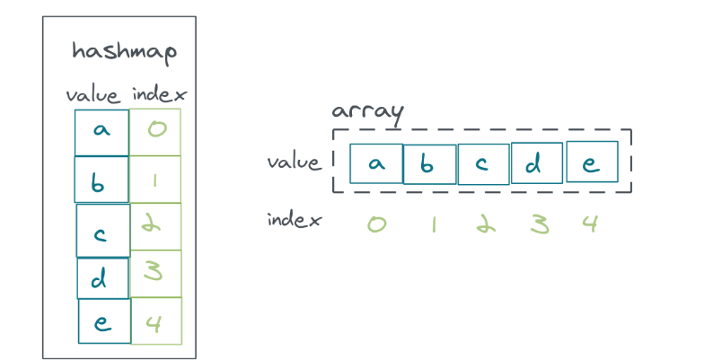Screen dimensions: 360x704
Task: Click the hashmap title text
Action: tap(124, 51)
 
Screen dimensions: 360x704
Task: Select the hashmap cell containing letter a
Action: tap(101, 132)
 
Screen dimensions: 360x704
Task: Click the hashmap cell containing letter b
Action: tap(101, 180)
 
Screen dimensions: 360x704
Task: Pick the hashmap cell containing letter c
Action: tap(102, 231)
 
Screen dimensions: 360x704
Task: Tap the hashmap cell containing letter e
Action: tap(104, 321)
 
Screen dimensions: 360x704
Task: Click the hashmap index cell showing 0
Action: tap(156, 131)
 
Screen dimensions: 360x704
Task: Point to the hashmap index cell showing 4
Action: tap(156, 321)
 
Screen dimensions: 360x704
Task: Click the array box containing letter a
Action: tap(376, 164)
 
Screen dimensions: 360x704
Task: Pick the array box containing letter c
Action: tap(483, 164)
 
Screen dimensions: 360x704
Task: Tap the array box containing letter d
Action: tap(537, 163)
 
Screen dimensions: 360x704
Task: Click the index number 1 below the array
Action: tap(432, 224)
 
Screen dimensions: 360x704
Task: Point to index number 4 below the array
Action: tap(589, 223)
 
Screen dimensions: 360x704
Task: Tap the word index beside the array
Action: tap(294, 219)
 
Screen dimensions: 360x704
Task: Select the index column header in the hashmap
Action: tap(159, 94)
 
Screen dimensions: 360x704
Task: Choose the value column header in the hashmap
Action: tap(94, 94)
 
